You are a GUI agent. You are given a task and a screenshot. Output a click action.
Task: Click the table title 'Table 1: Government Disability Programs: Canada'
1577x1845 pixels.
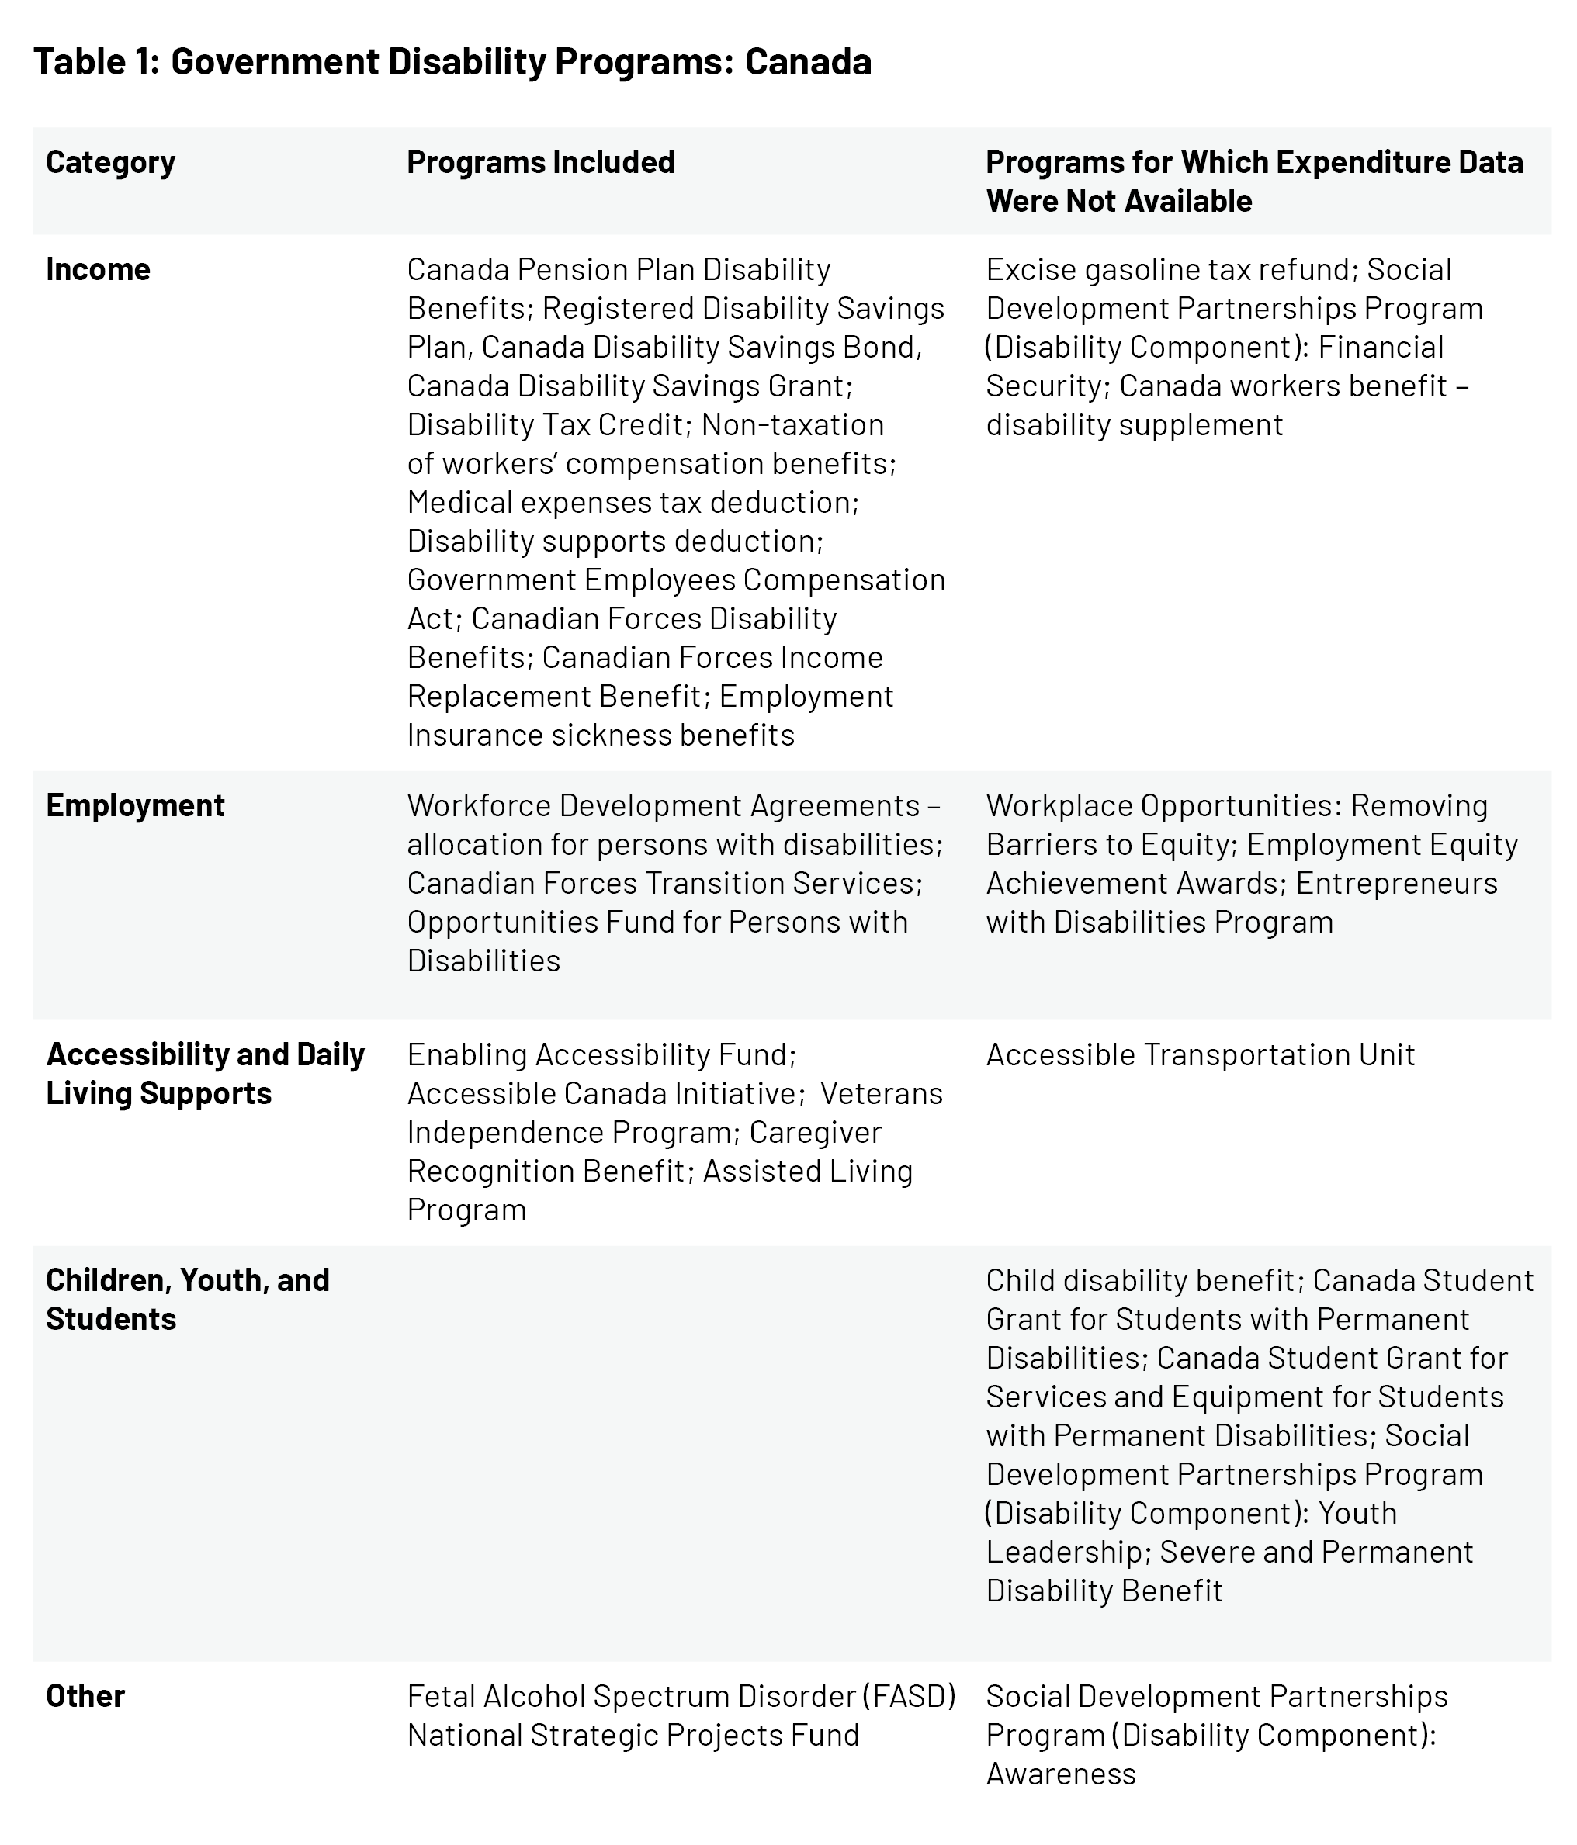[452, 62]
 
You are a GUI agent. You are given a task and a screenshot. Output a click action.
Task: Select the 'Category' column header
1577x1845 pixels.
[110, 162]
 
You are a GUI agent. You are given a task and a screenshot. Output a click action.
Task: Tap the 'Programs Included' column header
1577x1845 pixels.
[540, 162]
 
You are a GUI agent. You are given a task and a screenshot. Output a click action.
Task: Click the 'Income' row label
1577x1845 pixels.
[98, 269]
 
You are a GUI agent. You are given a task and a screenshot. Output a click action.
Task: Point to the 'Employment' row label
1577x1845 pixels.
[135, 805]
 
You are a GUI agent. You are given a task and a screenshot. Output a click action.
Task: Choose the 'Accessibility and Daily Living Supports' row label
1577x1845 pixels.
[205, 1073]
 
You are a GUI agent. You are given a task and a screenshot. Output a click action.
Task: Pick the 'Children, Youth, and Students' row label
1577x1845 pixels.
[187, 1299]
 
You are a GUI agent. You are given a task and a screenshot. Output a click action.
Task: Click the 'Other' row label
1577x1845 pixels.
[85, 1696]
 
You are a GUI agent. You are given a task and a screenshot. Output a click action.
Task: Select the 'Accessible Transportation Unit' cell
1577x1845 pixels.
[1200, 1054]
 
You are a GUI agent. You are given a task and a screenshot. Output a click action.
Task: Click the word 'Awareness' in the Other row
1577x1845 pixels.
[1061, 1774]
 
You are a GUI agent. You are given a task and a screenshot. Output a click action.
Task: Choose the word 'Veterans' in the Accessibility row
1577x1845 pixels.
[881, 1092]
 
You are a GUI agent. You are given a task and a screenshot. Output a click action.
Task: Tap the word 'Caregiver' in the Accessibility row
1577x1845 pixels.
[815, 1132]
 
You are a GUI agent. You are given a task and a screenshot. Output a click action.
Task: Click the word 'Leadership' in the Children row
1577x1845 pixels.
[1064, 1552]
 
